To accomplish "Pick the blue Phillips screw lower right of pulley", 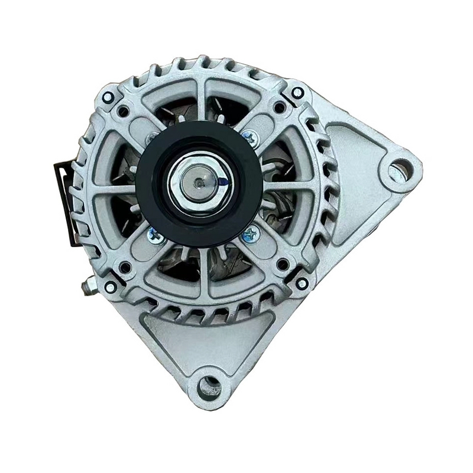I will (x=250, y=234).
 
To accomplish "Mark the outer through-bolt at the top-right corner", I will (x=299, y=93).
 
